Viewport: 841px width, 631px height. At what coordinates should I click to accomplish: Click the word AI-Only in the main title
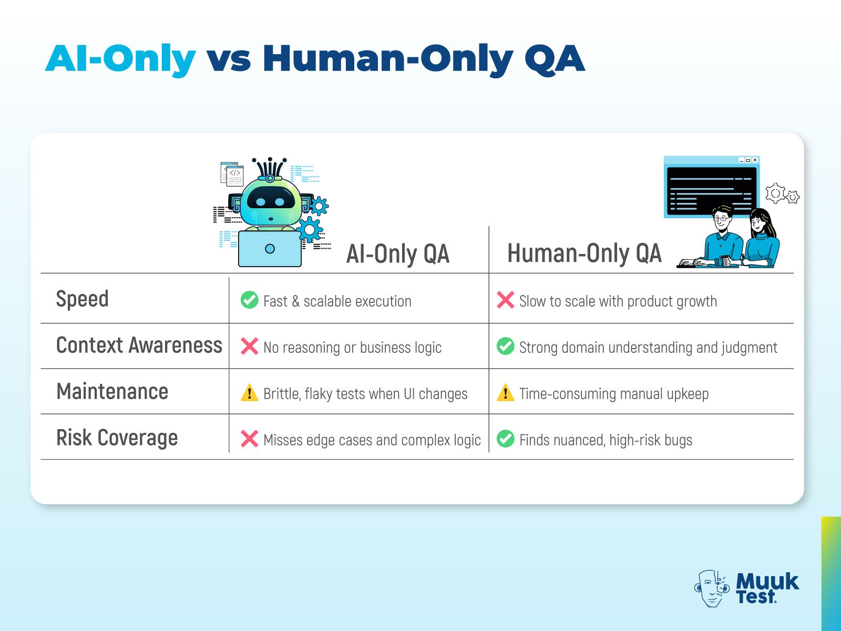pyautogui.click(x=121, y=59)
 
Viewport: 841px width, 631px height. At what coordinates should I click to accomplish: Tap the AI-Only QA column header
pyautogui.click(x=398, y=254)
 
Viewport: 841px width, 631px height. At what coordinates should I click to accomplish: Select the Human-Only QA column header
pyautogui.click(x=584, y=253)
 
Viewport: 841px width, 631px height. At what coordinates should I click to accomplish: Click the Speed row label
pyautogui.click(x=83, y=299)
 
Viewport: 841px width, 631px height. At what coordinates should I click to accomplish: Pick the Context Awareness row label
pyautogui.click(x=139, y=345)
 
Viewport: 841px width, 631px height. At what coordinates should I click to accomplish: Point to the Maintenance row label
pyautogui.click(x=112, y=392)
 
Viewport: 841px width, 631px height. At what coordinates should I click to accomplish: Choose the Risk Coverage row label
pyautogui.click(x=117, y=437)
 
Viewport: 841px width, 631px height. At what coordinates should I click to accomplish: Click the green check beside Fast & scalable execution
pyautogui.click(x=249, y=300)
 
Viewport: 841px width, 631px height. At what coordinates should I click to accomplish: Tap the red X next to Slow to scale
pyautogui.click(x=505, y=300)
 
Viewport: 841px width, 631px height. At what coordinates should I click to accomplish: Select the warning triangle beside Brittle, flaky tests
pyautogui.click(x=249, y=393)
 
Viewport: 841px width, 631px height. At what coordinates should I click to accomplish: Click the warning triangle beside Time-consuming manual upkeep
pyautogui.click(x=505, y=393)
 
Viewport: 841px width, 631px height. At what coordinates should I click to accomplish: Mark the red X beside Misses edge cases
pyautogui.click(x=249, y=439)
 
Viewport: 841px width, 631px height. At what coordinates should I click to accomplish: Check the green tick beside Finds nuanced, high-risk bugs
pyautogui.click(x=505, y=439)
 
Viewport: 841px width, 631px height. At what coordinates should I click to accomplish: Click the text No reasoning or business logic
pyautogui.click(x=352, y=348)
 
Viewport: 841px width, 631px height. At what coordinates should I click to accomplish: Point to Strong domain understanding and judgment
pyautogui.click(x=648, y=348)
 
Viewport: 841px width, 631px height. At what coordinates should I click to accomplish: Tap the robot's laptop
pyautogui.click(x=270, y=249)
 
